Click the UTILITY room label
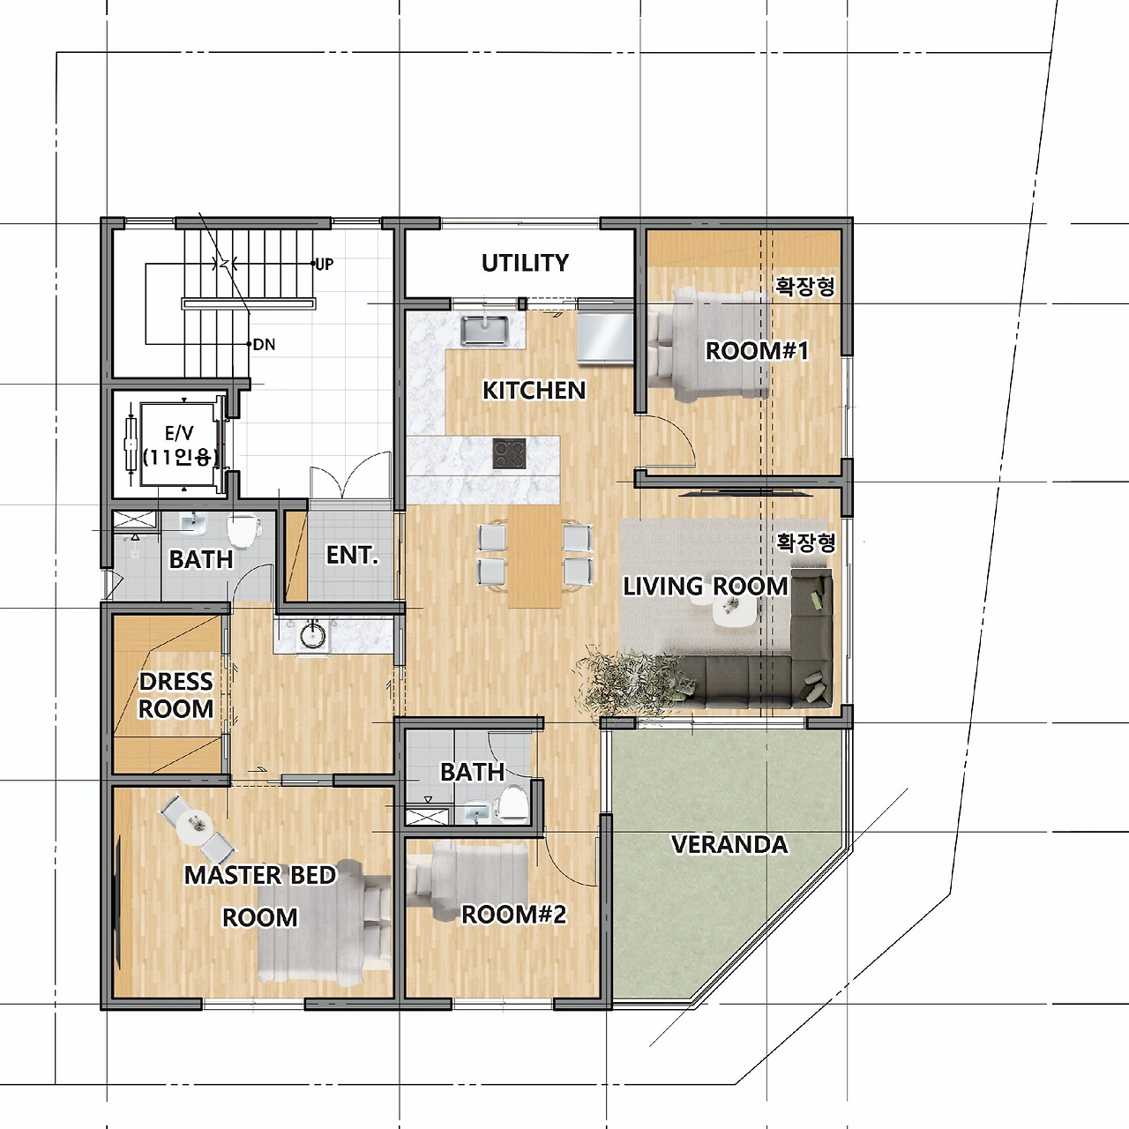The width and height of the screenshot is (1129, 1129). tap(525, 263)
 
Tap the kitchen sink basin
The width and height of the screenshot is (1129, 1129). tap(484, 331)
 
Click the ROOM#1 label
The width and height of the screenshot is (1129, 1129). tap(757, 351)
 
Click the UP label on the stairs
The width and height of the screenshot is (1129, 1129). tap(325, 265)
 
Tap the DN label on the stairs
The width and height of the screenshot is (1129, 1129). tap(265, 345)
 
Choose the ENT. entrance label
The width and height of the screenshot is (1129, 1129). tap(352, 555)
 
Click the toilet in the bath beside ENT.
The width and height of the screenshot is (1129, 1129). tap(243, 531)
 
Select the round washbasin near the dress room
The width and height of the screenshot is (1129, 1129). tap(313, 634)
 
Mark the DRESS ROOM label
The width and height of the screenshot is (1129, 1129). tap(176, 695)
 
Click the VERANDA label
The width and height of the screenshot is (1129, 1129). tap(729, 844)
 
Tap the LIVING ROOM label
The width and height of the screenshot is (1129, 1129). tap(706, 586)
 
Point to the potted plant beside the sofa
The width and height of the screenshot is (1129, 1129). tap(630, 681)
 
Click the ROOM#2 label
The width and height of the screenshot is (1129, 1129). tap(514, 914)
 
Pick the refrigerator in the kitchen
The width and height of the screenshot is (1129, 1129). tap(605, 337)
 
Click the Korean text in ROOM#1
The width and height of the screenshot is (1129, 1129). tap(805, 287)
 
